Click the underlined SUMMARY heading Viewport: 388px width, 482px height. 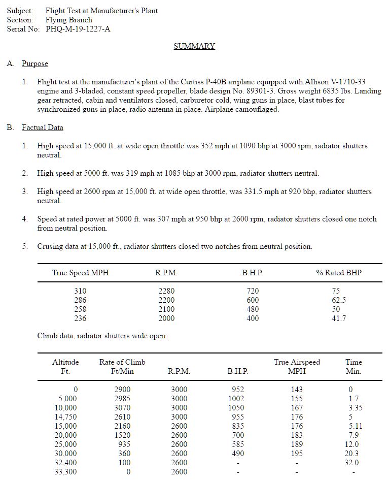[x=194, y=46]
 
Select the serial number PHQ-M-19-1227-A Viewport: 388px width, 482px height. [x=78, y=29]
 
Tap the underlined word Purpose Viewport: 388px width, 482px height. [x=35, y=63]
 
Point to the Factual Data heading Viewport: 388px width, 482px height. [x=43, y=127]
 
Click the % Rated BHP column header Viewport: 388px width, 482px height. [x=339, y=273]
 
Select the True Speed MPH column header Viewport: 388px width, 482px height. [x=80, y=273]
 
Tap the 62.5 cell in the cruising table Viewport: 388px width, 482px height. [x=338, y=300]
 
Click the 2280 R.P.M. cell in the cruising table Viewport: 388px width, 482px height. [x=166, y=291]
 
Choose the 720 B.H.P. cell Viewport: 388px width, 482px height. [x=252, y=291]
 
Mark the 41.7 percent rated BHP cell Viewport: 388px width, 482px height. [x=338, y=318]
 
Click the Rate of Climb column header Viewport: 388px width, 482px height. [x=122, y=362]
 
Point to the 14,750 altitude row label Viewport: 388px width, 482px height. [x=66, y=417]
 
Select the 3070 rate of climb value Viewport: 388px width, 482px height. [x=122, y=408]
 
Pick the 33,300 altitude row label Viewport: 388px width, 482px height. [x=66, y=472]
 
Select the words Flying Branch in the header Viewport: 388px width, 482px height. [x=69, y=20]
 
